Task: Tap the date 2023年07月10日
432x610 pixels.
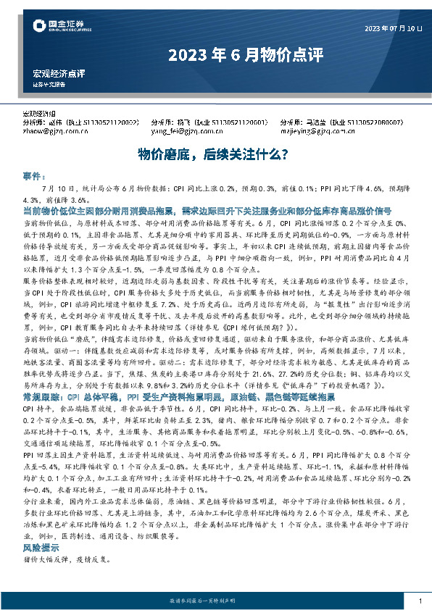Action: [392, 28]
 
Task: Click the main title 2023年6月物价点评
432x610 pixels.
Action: [215, 54]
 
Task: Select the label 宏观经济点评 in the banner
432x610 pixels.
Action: [59, 74]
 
